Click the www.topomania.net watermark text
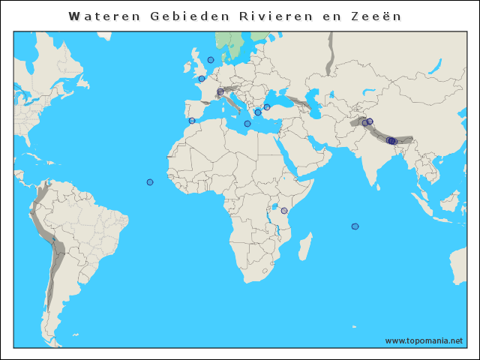click(x=424, y=340)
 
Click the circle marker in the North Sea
click(x=211, y=60)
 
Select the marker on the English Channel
click(x=202, y=78)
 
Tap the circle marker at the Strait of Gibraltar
click(x=192, y=121)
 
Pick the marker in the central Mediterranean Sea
click(x=247, y=124)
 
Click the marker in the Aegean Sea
click(x=258, y=112)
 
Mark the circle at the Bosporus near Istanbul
click(x=267, y=107)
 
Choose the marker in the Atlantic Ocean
click(x=150, y=182)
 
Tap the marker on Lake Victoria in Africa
click(x=284, y=211)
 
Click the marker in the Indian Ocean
click(x=355, y=226)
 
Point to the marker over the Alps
click(x=220, y=91)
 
